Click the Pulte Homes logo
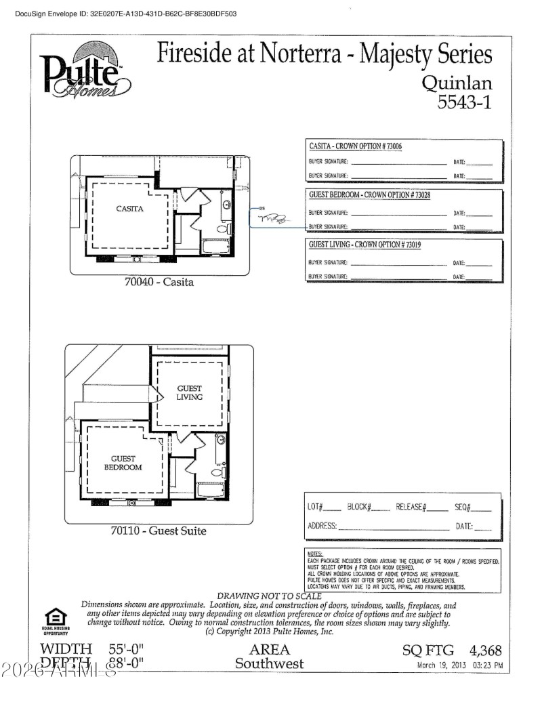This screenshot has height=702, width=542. point(85,72)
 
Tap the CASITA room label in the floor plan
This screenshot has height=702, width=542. point(129,209)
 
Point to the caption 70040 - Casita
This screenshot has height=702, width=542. point(159,282)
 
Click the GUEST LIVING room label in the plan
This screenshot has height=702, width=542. point(190,393)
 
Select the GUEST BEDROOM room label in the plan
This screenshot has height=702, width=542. point(123,463)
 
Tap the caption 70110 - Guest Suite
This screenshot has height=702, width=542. point(158,531)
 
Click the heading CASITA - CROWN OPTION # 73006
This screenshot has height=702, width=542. point(356,146)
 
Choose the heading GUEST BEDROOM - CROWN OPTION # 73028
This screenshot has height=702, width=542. point(369,195)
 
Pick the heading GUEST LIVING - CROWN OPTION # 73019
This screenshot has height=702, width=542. point(364,244)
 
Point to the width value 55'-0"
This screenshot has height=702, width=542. point(127,649)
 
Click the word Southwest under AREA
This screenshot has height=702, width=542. point(269,664)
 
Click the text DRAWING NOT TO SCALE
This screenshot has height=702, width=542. point(269,596)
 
